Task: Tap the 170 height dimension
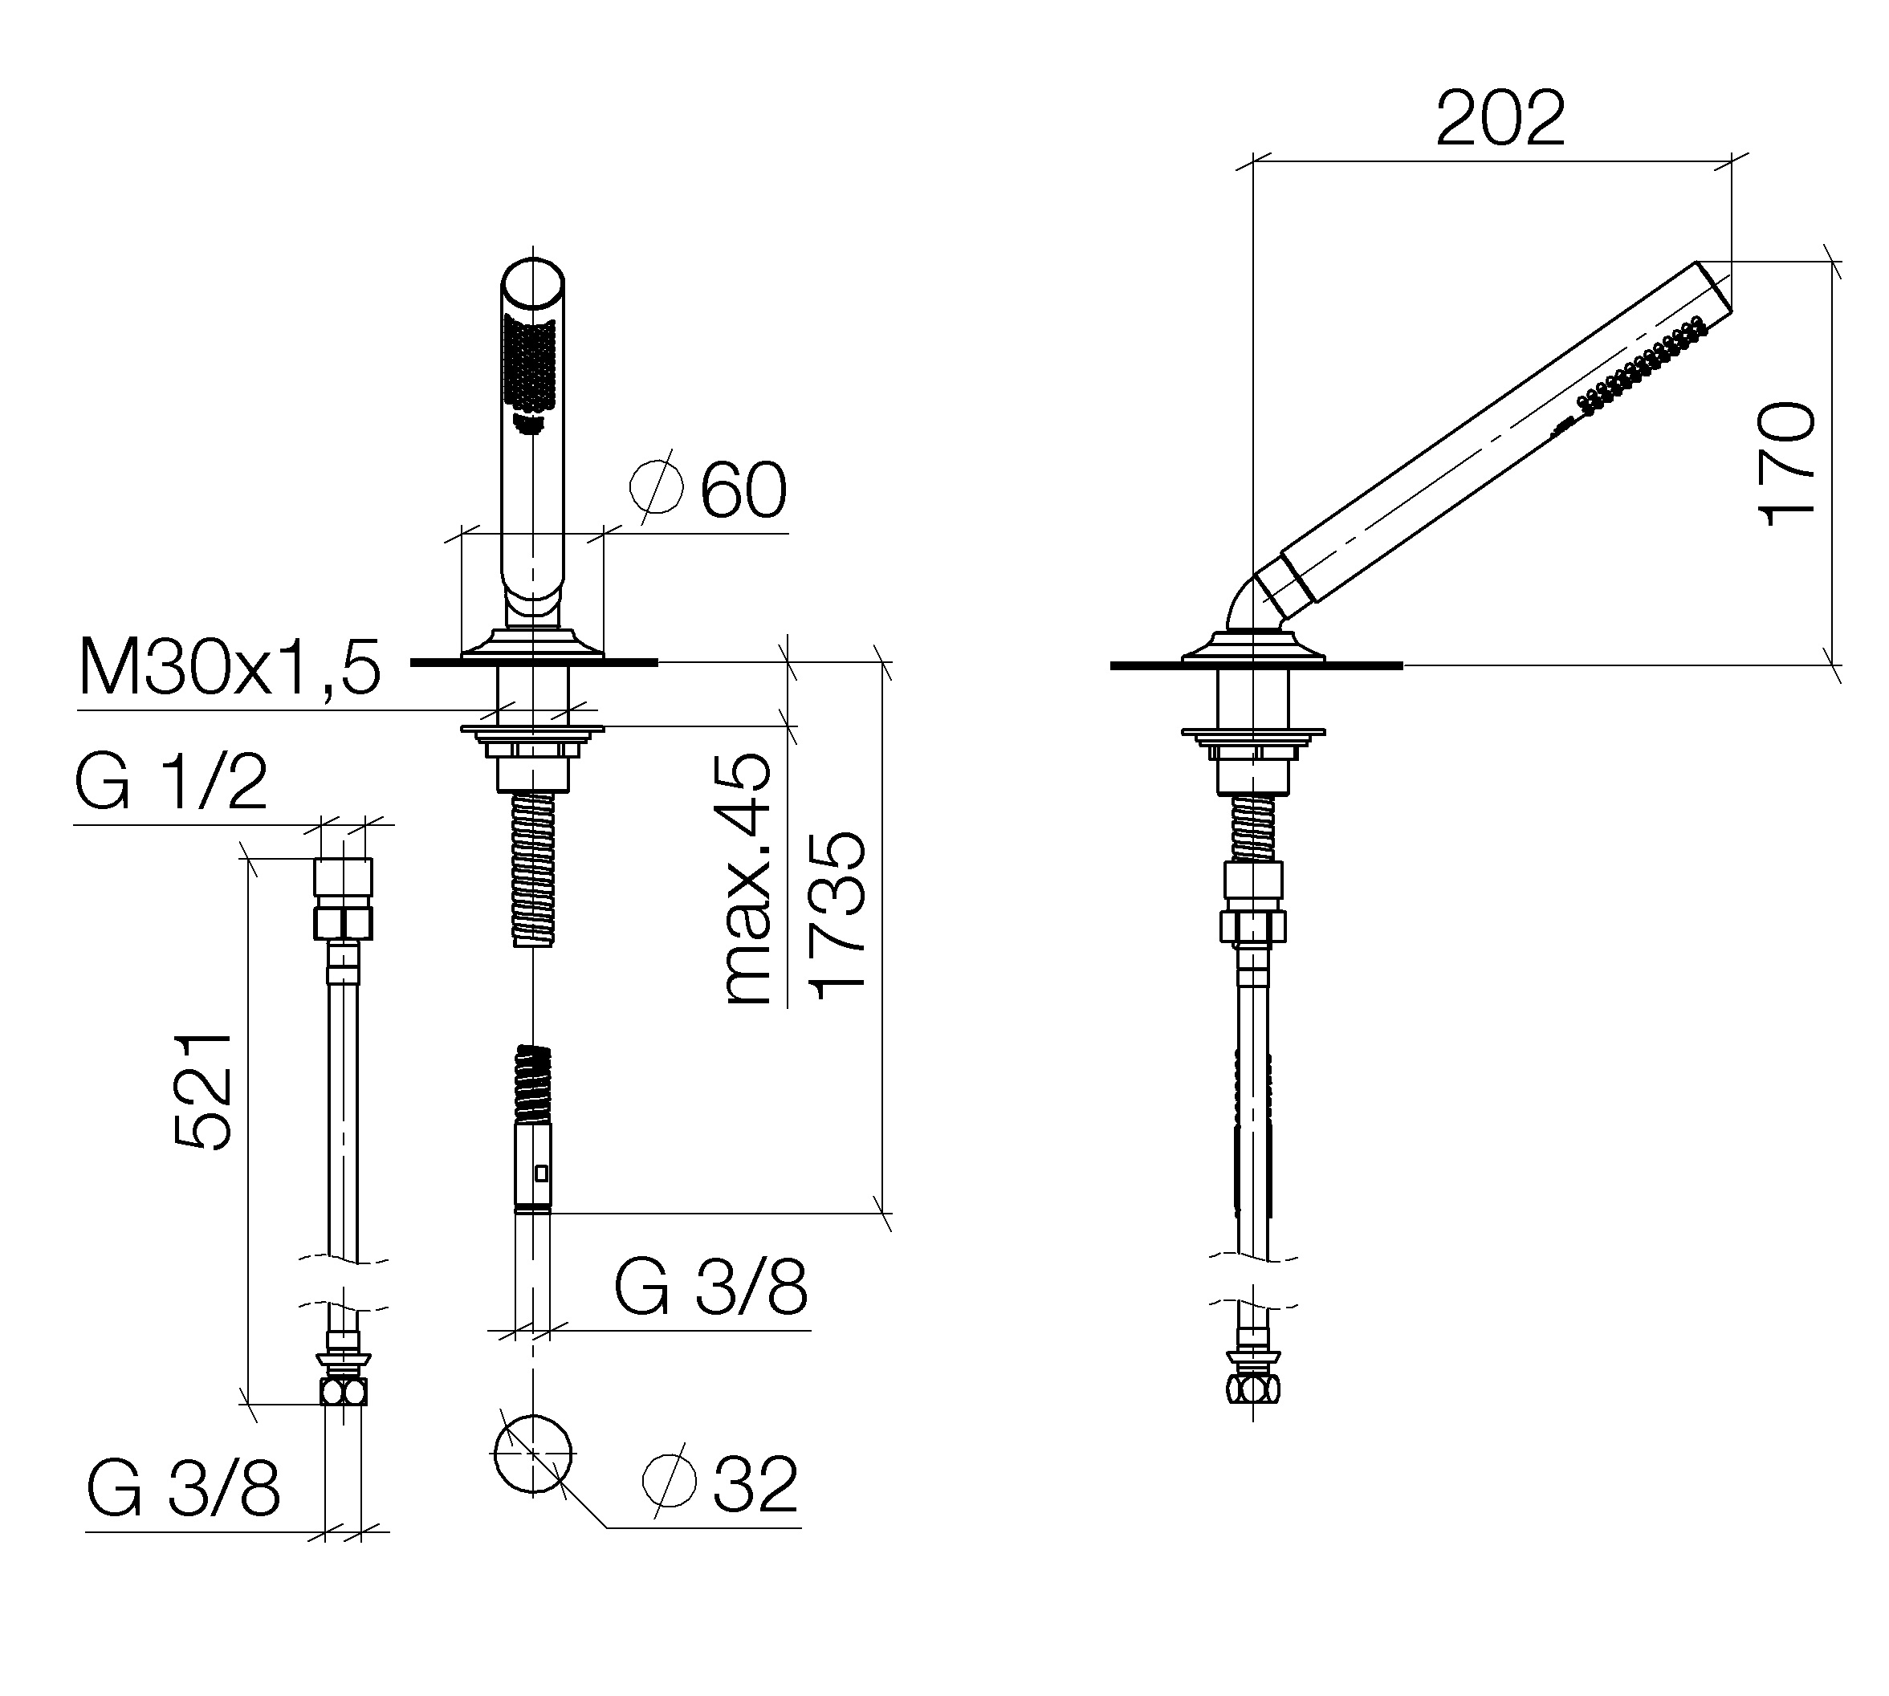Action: pyautogui.click(x=1785, y=464)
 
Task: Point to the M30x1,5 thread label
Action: pyautogui.click(x=230, y=667)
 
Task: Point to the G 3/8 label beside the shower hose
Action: pyautogui.click(x=710, y=1287)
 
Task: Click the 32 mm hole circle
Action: pyautogui.click(x=533, y=1455)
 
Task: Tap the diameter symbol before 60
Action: pyautogui.click(x=656, y=486)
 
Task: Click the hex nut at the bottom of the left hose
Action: pyautogui.click(x=343, y=1391)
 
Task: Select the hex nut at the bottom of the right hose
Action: pyautogui.click(x=1253, y=1389)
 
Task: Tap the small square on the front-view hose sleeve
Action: pyautogui.click(x=540, y=1173)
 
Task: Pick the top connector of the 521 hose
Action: pyautogui.click(x=343, y=898)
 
